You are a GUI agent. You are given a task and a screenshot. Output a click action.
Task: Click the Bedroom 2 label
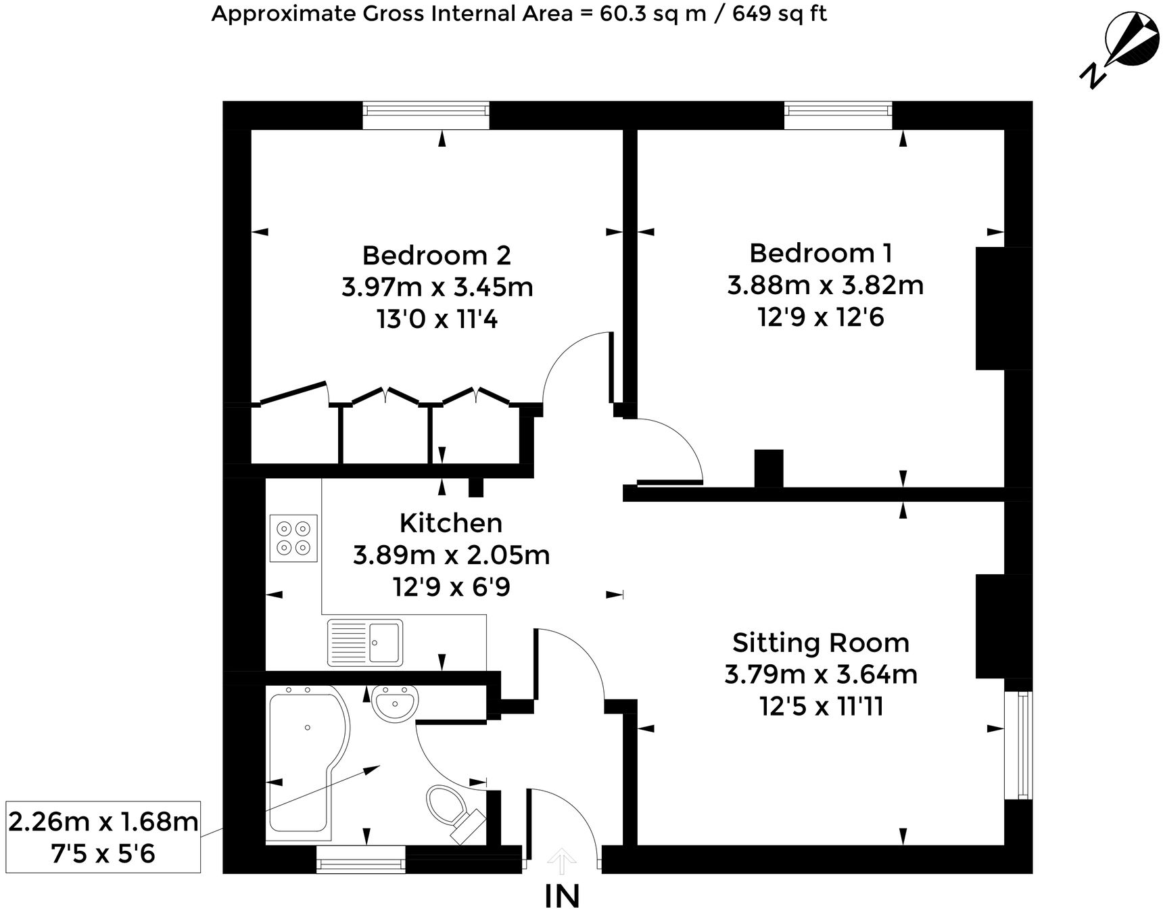click(x=436, y=256)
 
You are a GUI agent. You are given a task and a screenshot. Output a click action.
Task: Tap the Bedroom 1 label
click(x=820, y=254)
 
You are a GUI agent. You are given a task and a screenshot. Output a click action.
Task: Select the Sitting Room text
click(x=820, y=643)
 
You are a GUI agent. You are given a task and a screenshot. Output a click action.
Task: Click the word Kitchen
click(x=451, y=523)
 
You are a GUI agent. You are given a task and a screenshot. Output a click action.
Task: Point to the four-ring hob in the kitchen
click(x=293, y=538)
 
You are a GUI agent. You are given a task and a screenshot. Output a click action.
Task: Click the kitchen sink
click(x=365, y=642)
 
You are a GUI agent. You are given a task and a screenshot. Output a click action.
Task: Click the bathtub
click(x=304, y=757)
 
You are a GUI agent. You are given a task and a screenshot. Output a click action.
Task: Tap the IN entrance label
click(x=563, y=894)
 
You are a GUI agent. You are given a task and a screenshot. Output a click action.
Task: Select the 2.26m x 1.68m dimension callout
click(x=103, y=837)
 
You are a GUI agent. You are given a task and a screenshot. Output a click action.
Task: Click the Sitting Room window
click(x=1018, y=745)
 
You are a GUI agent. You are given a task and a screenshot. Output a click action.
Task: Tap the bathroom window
click(x=361, y=861)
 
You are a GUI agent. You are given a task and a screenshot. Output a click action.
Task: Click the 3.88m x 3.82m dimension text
click(x=825, y=285)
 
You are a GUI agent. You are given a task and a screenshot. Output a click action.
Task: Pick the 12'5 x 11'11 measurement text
click(x=821, y=707)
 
